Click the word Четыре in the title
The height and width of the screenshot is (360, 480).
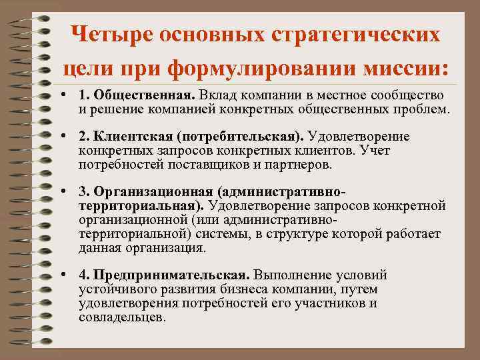[111, 33]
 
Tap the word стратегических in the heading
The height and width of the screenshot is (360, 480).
[359, 33]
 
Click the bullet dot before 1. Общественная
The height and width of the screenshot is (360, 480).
[63, 97]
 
